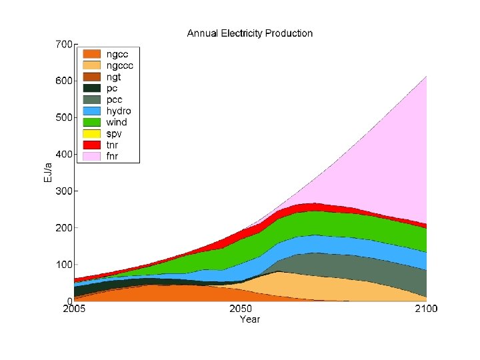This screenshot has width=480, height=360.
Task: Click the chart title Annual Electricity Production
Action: click(249, 33)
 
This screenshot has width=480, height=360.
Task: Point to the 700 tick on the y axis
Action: click(64, 45)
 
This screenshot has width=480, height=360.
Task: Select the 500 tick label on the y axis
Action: click(64, 118)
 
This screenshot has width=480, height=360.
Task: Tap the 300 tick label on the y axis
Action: click(64, 191)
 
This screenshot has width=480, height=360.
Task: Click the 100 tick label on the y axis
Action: click(64, 265)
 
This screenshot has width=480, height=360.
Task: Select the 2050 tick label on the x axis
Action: click(241, 309)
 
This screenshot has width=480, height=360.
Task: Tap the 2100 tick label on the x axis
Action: click(426, 309)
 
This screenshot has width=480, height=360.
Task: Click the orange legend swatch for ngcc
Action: click(91, 54)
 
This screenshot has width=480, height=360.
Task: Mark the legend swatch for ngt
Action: click(91, 77)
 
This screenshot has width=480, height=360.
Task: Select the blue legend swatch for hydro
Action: click(91, 111)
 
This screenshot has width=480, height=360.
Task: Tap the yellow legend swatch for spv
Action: click(91, 133)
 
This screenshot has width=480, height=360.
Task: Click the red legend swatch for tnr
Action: click(91, 145)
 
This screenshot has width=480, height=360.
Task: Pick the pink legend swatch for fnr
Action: click(91, 156)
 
